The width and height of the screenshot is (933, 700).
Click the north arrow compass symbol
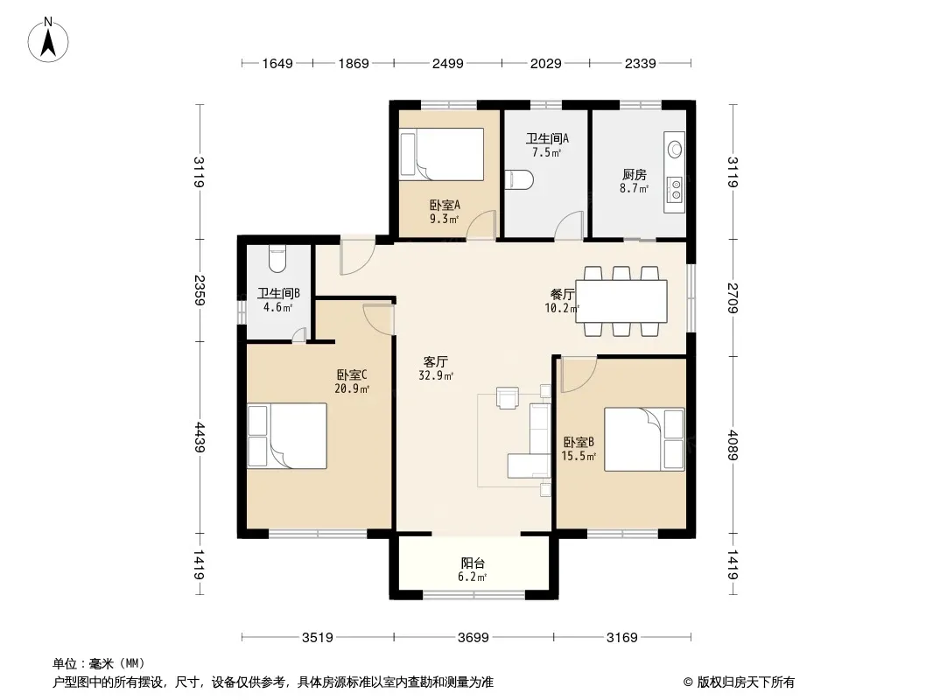click(x=48, y=40)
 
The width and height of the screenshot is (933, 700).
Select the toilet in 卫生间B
click(x=277, y=258)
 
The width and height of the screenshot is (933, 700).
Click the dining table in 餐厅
click(x=621, y=301)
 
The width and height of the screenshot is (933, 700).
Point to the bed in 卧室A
click(x=441, y=154)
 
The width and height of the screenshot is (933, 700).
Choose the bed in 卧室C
click(x=287, y=436)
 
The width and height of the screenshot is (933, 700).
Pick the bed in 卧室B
click(x=644, y=439)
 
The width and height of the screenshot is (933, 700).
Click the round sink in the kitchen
click(x=676, y=149)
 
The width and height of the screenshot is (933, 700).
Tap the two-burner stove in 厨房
click(x=676, y=189)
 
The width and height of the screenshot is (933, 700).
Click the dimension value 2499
click(x=447, y=63)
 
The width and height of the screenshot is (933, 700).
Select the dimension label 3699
click(x=473, y=638)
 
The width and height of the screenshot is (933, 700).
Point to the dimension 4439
click(x=199, y=437)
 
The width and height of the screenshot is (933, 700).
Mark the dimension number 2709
click(x=733, y=298)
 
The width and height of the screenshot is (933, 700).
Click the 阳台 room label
click(x=473, y=563)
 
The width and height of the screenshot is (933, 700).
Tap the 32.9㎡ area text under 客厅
click(x=436, y=375)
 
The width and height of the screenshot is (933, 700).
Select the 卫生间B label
click(x=278, y=293)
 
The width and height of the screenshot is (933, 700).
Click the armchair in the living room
click(x=508, y=398)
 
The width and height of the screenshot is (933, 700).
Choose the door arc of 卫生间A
click(x=568, y=226)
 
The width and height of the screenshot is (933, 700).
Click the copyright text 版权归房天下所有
click(x=746, y=682)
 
